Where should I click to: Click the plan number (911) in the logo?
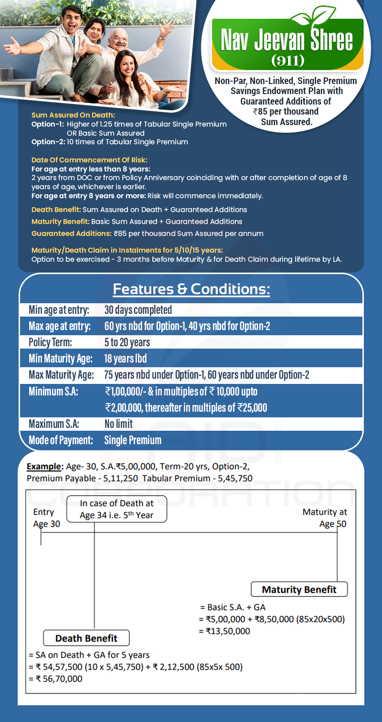[x=287, y=61]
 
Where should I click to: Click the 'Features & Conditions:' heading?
[x=191, y=289]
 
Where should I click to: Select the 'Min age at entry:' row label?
[x=59, y=310]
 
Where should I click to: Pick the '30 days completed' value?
[x=138, y=310]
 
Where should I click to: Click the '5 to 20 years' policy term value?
[x=127, y=342]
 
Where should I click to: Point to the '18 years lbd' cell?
[x=126, y=359]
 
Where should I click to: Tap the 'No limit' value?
[x=119, y=424]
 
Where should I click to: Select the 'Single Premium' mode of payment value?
[x=133, y=440]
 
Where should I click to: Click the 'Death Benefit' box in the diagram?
[x=86, y=638]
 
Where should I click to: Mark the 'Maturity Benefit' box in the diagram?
[x=299, y=589]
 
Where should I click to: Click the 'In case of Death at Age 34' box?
[x=117, y=509]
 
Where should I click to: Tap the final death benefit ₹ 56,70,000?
[x=55, y=679]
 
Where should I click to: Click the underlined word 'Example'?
[x=39, y=467]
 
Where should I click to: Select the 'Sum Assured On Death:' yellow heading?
[x=73, y=115]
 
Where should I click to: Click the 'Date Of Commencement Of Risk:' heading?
[x=89, y=160]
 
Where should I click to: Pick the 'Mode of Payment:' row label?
[x=61, y=440]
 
